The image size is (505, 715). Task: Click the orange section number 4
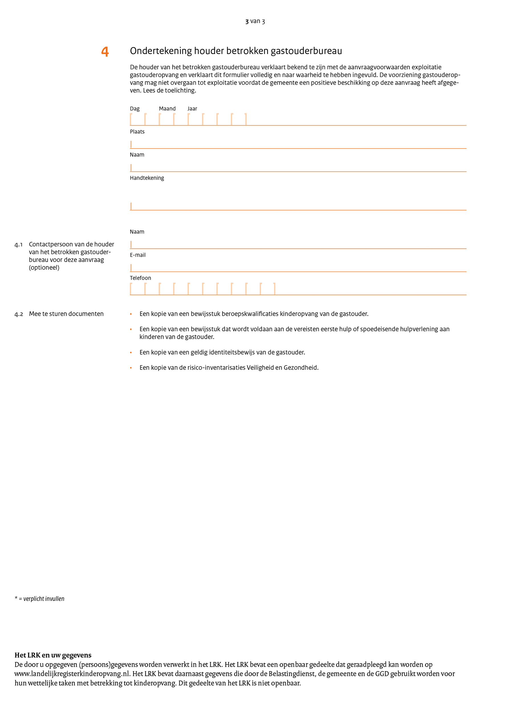(105, 51)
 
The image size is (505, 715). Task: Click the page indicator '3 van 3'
(255, 21)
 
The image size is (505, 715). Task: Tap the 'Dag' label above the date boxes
(135, 109)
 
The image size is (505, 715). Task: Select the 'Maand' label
(167, 109)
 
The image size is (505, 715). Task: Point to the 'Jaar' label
(192, 109)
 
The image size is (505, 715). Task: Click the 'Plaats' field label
(137, 132)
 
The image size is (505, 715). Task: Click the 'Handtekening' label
(147, 178)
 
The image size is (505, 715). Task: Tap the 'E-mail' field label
(138, 255)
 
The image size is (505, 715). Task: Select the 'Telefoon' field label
(140, 278)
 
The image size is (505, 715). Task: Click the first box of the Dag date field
(138, 119)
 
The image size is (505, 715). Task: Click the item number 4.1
(19, 245)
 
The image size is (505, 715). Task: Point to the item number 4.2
(19, 314)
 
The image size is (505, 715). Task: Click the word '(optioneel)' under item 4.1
(44, 268)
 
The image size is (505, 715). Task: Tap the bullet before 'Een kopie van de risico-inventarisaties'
(131, 368)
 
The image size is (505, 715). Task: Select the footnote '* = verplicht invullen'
(40, 599)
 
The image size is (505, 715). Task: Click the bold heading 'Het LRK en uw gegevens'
(53, 655)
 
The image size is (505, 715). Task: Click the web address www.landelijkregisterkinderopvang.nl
(72, 674)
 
